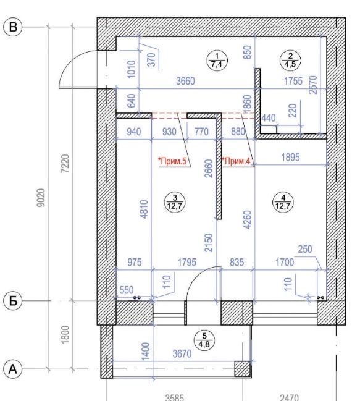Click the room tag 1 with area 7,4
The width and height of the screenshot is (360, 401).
click(x=216, y=59)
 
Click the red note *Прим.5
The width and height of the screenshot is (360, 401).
click(x=174, y=162)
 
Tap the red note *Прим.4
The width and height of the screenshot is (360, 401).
click(x=237, y=162)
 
